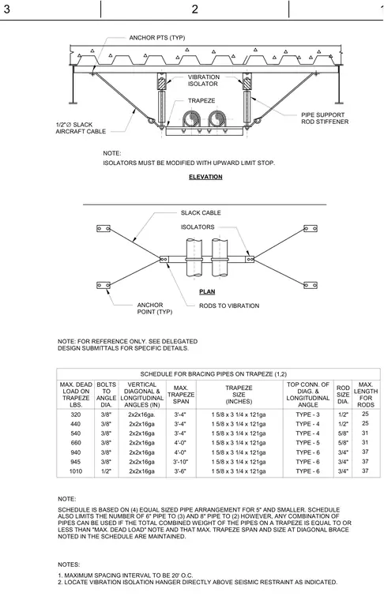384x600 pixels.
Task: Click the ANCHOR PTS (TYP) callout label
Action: (157, 38)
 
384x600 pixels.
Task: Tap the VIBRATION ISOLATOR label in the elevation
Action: (203, 81)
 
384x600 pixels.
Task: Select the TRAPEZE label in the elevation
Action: (201, 100)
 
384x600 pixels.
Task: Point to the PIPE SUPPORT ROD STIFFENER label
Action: (325, 118)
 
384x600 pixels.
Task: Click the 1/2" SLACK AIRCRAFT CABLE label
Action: (81, 128)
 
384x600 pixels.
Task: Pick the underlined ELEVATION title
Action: (205, 177)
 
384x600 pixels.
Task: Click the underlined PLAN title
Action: (207, 291)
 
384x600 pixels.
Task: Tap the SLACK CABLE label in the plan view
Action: (201, 212)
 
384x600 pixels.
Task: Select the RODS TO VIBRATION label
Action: (229, 306)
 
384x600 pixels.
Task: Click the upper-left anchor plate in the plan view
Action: (104, 228)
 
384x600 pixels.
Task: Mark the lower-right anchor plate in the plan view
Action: (310, 285)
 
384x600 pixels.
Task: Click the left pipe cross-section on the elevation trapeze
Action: (190, 119)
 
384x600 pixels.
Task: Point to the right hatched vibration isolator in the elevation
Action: (247, 83)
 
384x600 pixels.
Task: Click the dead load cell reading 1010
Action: (75, 471)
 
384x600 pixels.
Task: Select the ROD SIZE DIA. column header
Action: (343, 395)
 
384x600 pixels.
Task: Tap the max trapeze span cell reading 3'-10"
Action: (180, 462)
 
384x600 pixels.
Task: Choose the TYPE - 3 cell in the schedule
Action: (307, 414)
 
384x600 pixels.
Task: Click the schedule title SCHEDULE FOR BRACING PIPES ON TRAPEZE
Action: (213, 374)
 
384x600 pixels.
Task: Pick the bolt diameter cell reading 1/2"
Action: (106, 471)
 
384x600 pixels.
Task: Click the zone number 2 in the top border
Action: (195, 9)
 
